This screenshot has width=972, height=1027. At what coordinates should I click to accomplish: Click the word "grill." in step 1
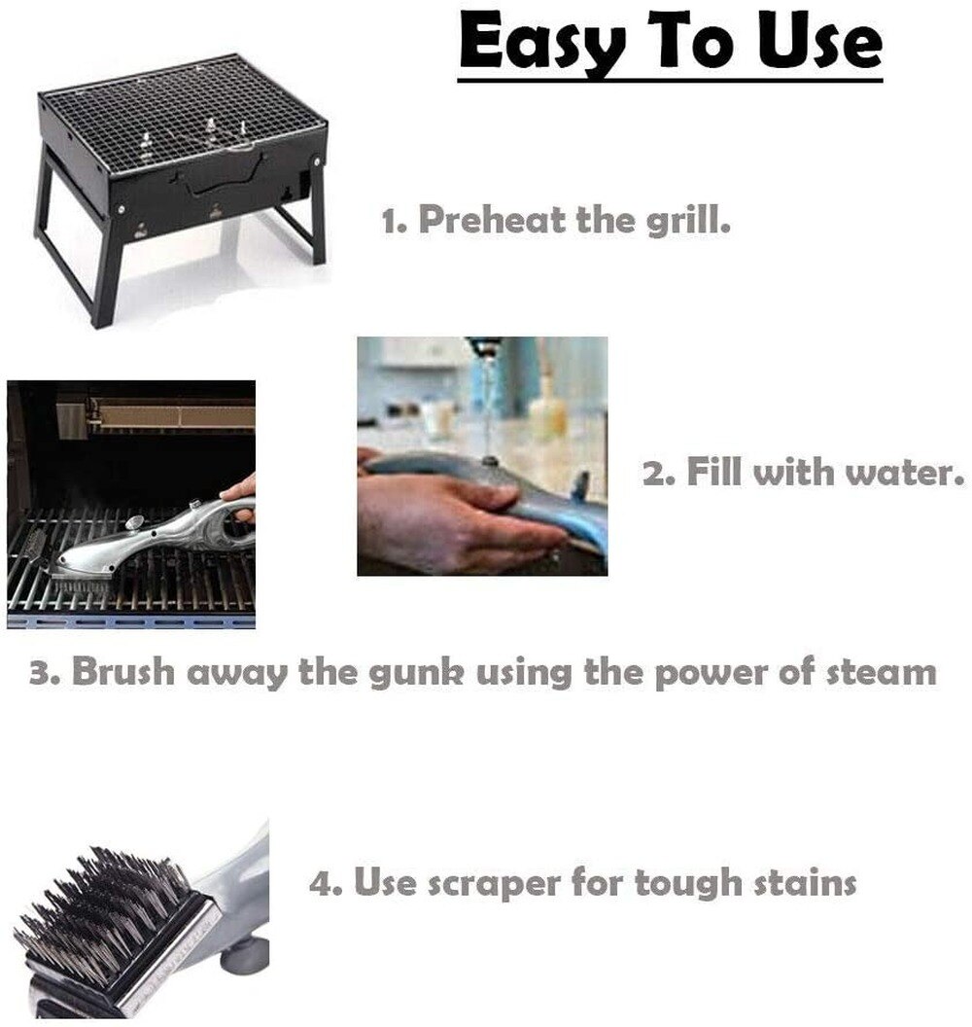(x=688, y=220)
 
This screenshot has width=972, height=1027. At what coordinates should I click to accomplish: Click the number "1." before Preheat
(x=393, y=221)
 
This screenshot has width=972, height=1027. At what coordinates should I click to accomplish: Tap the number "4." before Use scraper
(x=324, y=884)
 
